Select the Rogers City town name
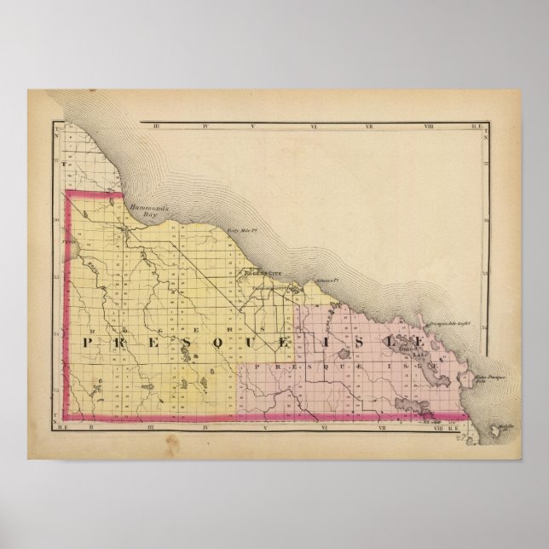point(260,274)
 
